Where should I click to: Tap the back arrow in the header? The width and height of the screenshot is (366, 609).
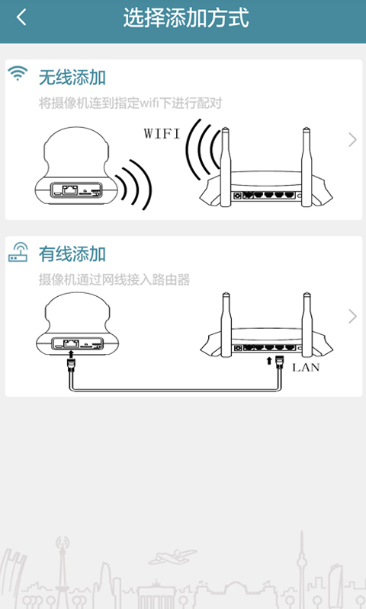point(21,18)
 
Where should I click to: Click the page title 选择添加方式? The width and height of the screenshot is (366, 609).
point(186,18)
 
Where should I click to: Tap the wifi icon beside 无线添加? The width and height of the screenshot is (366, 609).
point(18,73)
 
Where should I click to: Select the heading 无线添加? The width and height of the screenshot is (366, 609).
point(72,78)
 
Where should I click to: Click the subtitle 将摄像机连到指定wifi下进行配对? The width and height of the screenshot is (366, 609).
point(130,104)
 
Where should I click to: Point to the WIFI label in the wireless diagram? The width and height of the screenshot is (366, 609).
point(162,134)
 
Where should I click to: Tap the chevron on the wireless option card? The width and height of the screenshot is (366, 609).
point(352,140)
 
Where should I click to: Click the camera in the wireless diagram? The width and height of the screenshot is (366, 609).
point(76,165)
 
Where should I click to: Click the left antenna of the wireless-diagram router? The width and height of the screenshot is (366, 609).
point(225,167)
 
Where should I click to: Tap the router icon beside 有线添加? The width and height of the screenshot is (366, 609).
point(18,252)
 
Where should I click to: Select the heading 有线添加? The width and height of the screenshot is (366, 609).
point(72,254)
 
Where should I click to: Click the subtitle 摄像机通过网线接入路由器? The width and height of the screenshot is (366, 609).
point(114,279)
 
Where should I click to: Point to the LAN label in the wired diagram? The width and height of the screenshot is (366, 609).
point(306,368)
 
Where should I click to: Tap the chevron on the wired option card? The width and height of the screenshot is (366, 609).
point(352,317)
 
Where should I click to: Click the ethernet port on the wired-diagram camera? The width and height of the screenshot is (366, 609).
point(71,343)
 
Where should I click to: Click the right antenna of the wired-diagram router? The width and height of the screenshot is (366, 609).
point(307,324)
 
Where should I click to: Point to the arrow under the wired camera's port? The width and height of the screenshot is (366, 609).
point(71,353)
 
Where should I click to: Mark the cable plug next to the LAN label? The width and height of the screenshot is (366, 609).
point(279,364)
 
